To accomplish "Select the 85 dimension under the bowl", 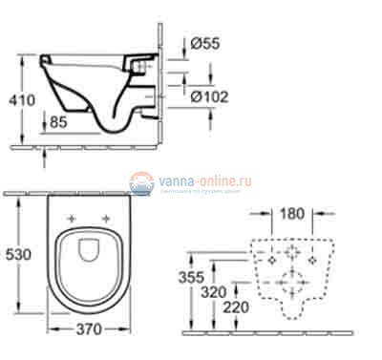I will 60,122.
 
